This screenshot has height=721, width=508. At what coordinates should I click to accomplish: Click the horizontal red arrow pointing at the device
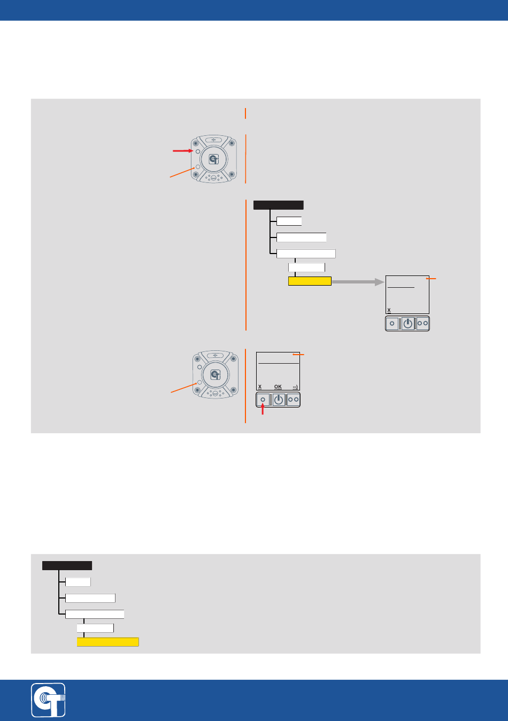pos(182,151)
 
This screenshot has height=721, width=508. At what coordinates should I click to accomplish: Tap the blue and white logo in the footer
pos(48,700)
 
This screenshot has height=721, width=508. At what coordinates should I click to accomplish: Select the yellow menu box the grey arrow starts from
pos(310,281)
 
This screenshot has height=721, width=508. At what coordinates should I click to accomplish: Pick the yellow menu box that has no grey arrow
pos(107,642)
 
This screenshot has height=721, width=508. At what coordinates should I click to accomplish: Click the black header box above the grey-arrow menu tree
pos(278,205)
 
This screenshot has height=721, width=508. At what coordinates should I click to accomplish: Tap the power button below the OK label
pos(278,400)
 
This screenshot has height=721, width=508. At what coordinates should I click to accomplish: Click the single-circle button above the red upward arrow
pos(263,400)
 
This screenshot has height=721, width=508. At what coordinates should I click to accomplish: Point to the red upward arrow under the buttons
pos(263,411)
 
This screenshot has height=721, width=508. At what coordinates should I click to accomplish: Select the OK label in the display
pos(278,386)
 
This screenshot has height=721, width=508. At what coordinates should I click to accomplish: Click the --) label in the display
pos(295,386)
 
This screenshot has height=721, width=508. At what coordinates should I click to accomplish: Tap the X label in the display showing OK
pos(260,386)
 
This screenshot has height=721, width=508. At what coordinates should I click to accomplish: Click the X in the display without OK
pos(389,310)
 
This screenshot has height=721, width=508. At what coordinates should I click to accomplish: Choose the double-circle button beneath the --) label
pos(294,400)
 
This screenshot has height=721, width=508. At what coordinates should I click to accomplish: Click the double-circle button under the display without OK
pos(422,324)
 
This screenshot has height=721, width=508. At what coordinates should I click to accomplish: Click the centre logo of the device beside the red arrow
pos(214,159)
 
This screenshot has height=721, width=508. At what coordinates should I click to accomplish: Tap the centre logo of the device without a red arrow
pos(215,374)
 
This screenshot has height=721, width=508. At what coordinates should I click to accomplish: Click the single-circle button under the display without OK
pos(392,324)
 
